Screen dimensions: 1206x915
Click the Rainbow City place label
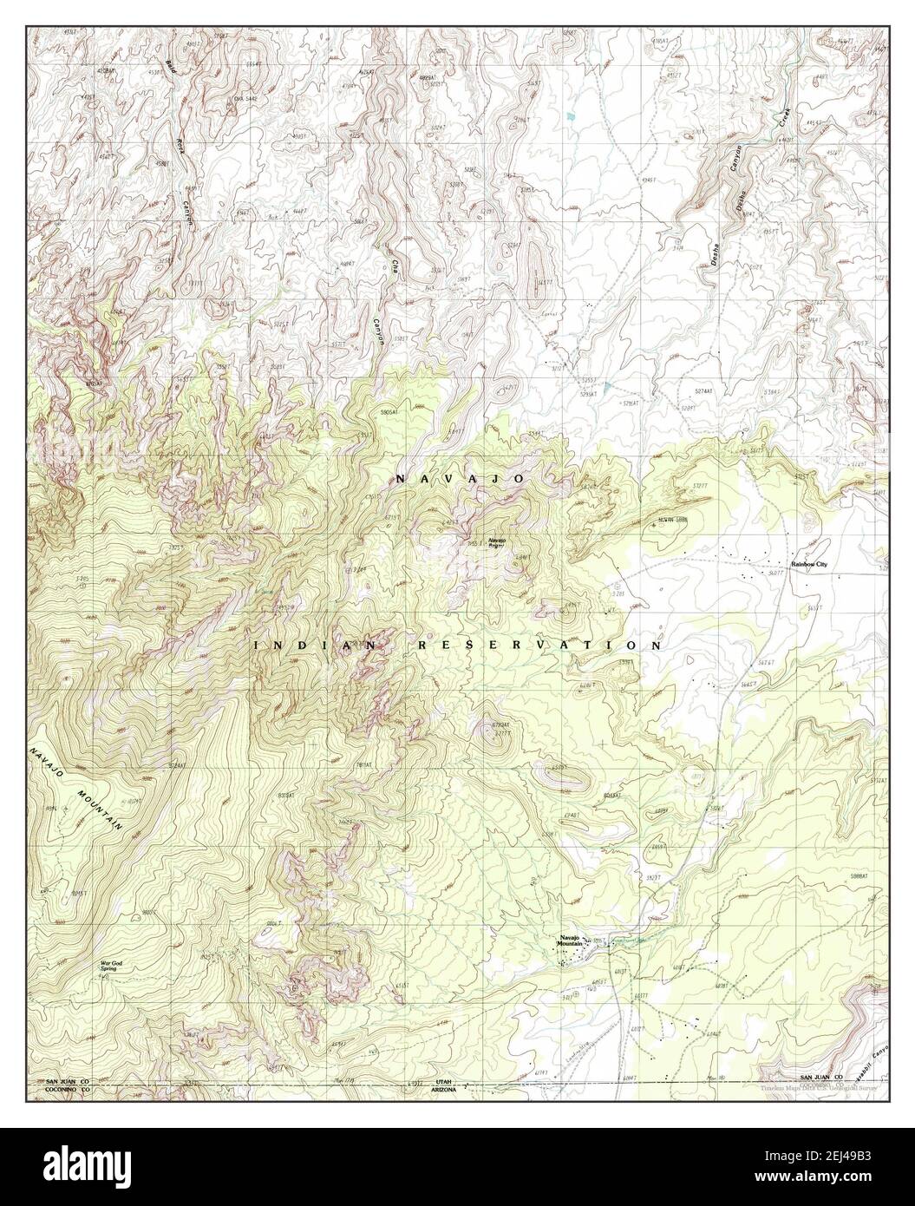click(809, 565)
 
